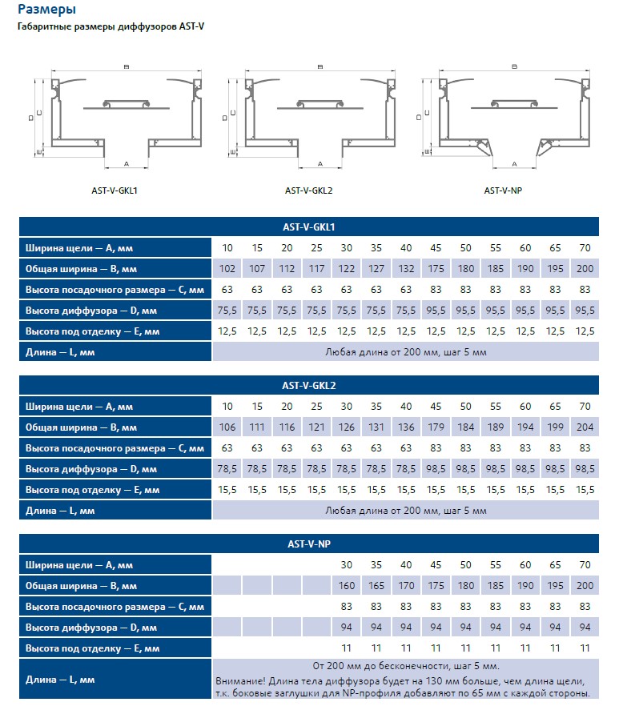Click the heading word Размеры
(47, 10)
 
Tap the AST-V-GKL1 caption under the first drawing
(115, 191)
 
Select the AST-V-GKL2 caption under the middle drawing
(308, 191)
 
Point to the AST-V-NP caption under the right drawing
(503, 191)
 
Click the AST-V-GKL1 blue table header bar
(308, 227)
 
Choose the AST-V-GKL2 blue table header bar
(308, 385)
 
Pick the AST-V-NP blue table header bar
(308, 544)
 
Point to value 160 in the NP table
(347, 586)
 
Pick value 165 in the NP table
(376, 586)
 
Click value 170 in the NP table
(406, 586)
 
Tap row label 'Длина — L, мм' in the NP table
(60, 680)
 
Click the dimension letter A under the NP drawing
(514, 163)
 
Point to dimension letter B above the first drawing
(126, 66)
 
